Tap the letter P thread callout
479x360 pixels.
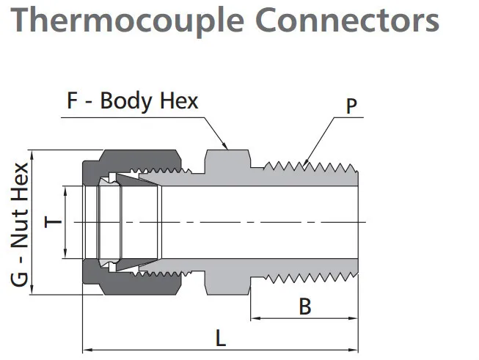click(x=351, y=108)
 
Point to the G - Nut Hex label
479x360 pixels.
click(x=21, y=224)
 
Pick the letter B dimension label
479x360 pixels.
click(x=304, y=306)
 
